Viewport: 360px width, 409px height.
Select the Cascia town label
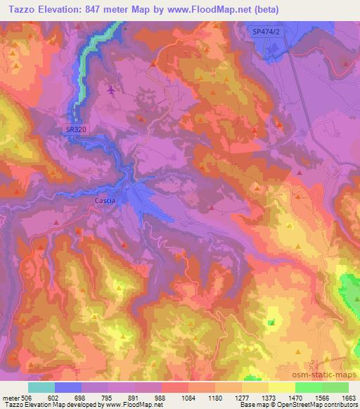click(x=103, y=200)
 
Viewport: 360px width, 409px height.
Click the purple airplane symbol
click(x=110, y=90)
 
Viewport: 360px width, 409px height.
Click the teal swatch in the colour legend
click(x=41, y=387)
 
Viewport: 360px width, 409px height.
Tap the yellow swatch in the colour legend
click(x=281, y=387)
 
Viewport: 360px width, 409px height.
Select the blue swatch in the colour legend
click(x=68, y=387)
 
